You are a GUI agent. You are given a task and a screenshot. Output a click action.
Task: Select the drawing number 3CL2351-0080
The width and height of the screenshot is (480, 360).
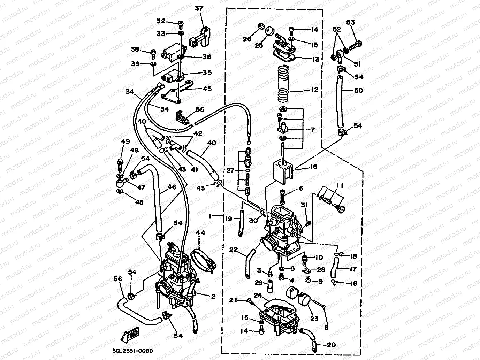pyautogui.click(x=133, y=350)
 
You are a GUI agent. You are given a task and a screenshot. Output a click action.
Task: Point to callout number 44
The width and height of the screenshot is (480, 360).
pyautogui.click(x=201, y=232)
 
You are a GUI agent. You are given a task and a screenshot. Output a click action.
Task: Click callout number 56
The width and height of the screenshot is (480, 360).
pyautogui.click(x=118, y=279)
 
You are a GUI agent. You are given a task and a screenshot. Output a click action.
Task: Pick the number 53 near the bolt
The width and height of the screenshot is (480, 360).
pyautogui.click(x=350, y=23)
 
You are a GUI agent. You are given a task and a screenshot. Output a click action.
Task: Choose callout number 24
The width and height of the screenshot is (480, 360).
pyautogui.click(x=258, y=295)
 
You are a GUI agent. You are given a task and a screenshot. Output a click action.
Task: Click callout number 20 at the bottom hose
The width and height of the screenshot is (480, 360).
pyautogui.click(x=331, y=345)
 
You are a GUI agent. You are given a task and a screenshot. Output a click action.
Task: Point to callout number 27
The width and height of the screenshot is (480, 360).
pyautogui.click(x=230, y=171)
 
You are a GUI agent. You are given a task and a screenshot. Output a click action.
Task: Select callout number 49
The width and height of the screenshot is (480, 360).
pyautogui.click(x=125, y=141)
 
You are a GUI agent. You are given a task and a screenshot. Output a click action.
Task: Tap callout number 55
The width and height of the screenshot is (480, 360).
pyautogui.click(x=200, y=109)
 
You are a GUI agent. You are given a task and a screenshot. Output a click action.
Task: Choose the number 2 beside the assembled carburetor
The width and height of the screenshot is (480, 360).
pyautogui.click(x=213, y=297)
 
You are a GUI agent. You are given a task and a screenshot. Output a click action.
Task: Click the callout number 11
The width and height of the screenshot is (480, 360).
pyautogui.click(x=340, y=186)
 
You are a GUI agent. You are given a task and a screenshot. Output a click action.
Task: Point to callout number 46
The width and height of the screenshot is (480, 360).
pyautogui.click(x=172, y=187)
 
